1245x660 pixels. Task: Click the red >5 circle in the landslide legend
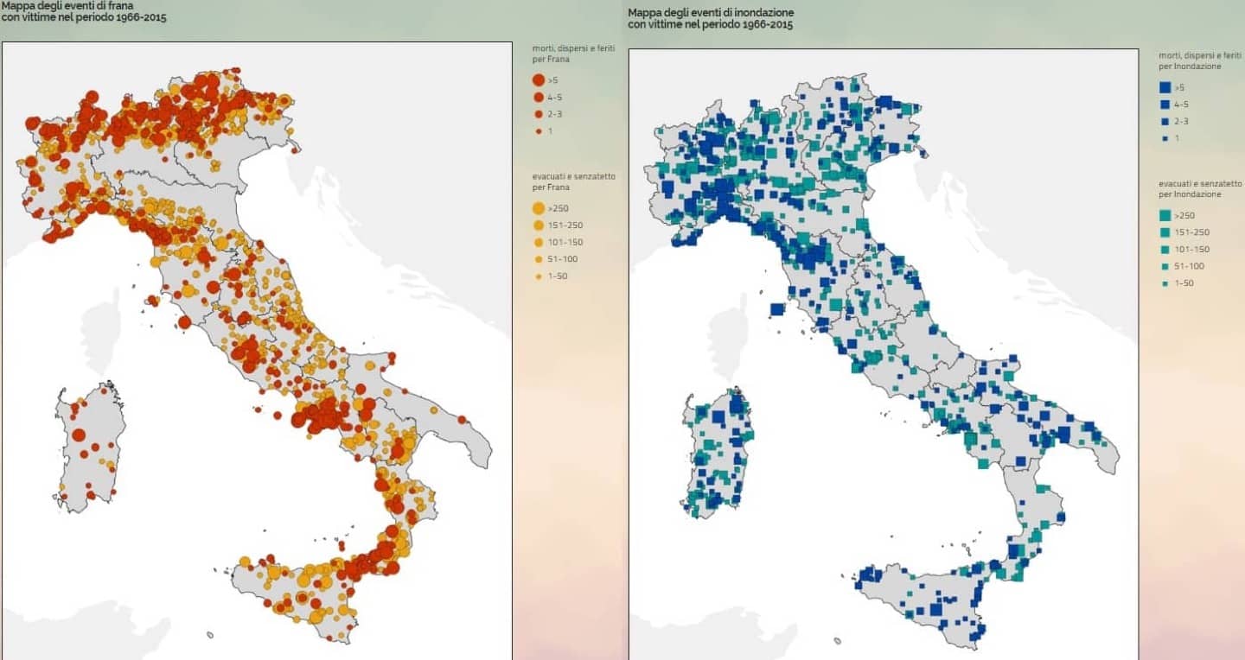click(538, 80)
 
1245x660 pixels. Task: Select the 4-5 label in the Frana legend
click(556, 98)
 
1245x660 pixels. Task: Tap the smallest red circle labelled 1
click(538, 131)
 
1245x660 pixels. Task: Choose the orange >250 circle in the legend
click(538, 208)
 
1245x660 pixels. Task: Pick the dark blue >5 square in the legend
click(1165, 87)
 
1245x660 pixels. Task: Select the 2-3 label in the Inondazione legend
click(1182, 122)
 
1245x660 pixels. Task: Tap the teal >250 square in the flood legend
click(1165, 216)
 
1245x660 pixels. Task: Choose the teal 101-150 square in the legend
click(1165, 250)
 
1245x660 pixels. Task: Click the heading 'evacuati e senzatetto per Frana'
click(573, 181)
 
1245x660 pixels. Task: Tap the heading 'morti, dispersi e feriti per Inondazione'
click(1199, 60)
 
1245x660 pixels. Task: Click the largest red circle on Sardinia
click(78, 435)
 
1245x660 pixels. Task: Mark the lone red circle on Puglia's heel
click(462, 420)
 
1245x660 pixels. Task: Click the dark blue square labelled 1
click(1165, 138)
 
